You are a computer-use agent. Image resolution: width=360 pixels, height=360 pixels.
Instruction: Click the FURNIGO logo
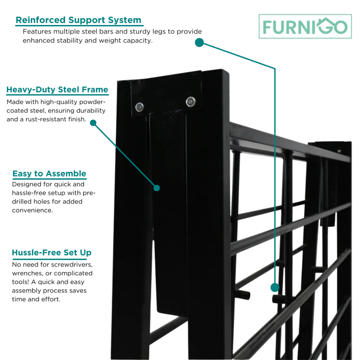tap(305, 27)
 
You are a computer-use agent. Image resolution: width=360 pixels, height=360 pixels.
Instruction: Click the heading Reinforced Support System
tap(78, 20)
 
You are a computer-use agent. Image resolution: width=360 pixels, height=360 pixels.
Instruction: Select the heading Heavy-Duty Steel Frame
tap(57, 90)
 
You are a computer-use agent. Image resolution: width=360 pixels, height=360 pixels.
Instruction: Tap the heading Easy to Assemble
tap(49, 174)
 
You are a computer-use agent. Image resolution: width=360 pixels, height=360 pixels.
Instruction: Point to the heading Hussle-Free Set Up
tap(52, 253)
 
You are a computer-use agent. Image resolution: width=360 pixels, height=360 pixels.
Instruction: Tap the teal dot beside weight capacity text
tap(199, 43)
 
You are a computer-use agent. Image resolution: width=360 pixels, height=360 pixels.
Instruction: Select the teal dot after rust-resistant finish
tap(93, 123)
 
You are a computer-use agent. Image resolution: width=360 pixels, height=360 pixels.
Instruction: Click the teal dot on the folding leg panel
tap(157, 188)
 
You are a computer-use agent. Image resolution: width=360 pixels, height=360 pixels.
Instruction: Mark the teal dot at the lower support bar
tap(275, 288)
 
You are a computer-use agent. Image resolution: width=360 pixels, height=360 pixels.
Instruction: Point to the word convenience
tap(32, 210)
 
